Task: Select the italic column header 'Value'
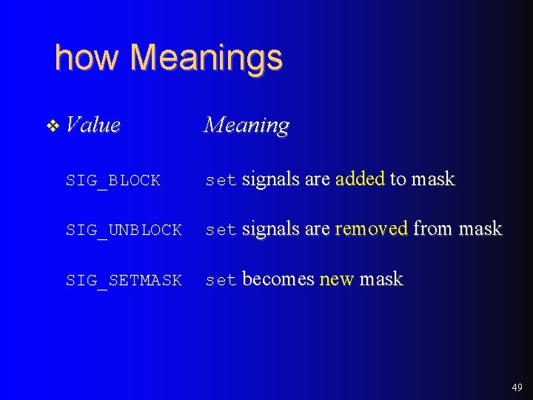(x=93, y=124)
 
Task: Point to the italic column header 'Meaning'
(x=247, y=125)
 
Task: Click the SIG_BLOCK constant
(x=113, y=180)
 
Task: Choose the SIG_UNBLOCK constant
(x=124, y=230)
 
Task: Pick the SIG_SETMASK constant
(x=124, y=281)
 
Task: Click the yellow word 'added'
(x=360, y=179)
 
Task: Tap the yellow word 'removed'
(x=371, y=229)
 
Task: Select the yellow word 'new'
(x=337, y=279)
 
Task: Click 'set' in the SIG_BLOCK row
(x=221, y=180)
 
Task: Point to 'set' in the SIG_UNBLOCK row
(x=221, y=230)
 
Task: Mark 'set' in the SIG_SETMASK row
(x=221, y=281)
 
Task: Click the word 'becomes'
(x=278, y=279)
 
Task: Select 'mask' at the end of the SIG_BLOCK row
(x=432, y=179)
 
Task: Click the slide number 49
(x=516, y=387)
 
